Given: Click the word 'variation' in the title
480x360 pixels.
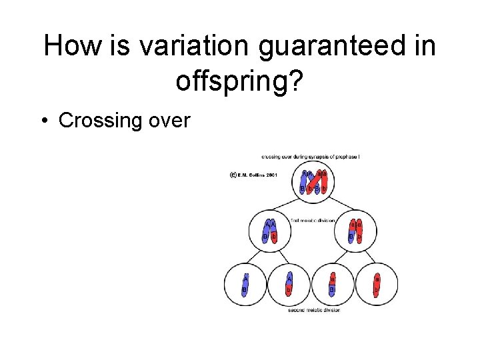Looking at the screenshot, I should pos(197,47).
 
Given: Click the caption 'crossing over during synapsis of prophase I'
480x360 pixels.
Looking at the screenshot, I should pos(311,157).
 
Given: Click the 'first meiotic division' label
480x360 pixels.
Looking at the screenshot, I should pos(313,219).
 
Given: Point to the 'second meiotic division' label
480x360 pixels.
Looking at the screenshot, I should pos(313,310).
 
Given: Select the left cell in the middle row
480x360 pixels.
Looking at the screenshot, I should pos(270,231).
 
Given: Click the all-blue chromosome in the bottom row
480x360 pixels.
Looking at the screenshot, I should pos(245,284).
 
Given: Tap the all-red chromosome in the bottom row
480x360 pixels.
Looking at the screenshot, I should pos(377,284).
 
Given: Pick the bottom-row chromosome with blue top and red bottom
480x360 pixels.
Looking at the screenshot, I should pos(289,284).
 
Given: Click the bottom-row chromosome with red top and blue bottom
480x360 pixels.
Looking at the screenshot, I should pos(333,284).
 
